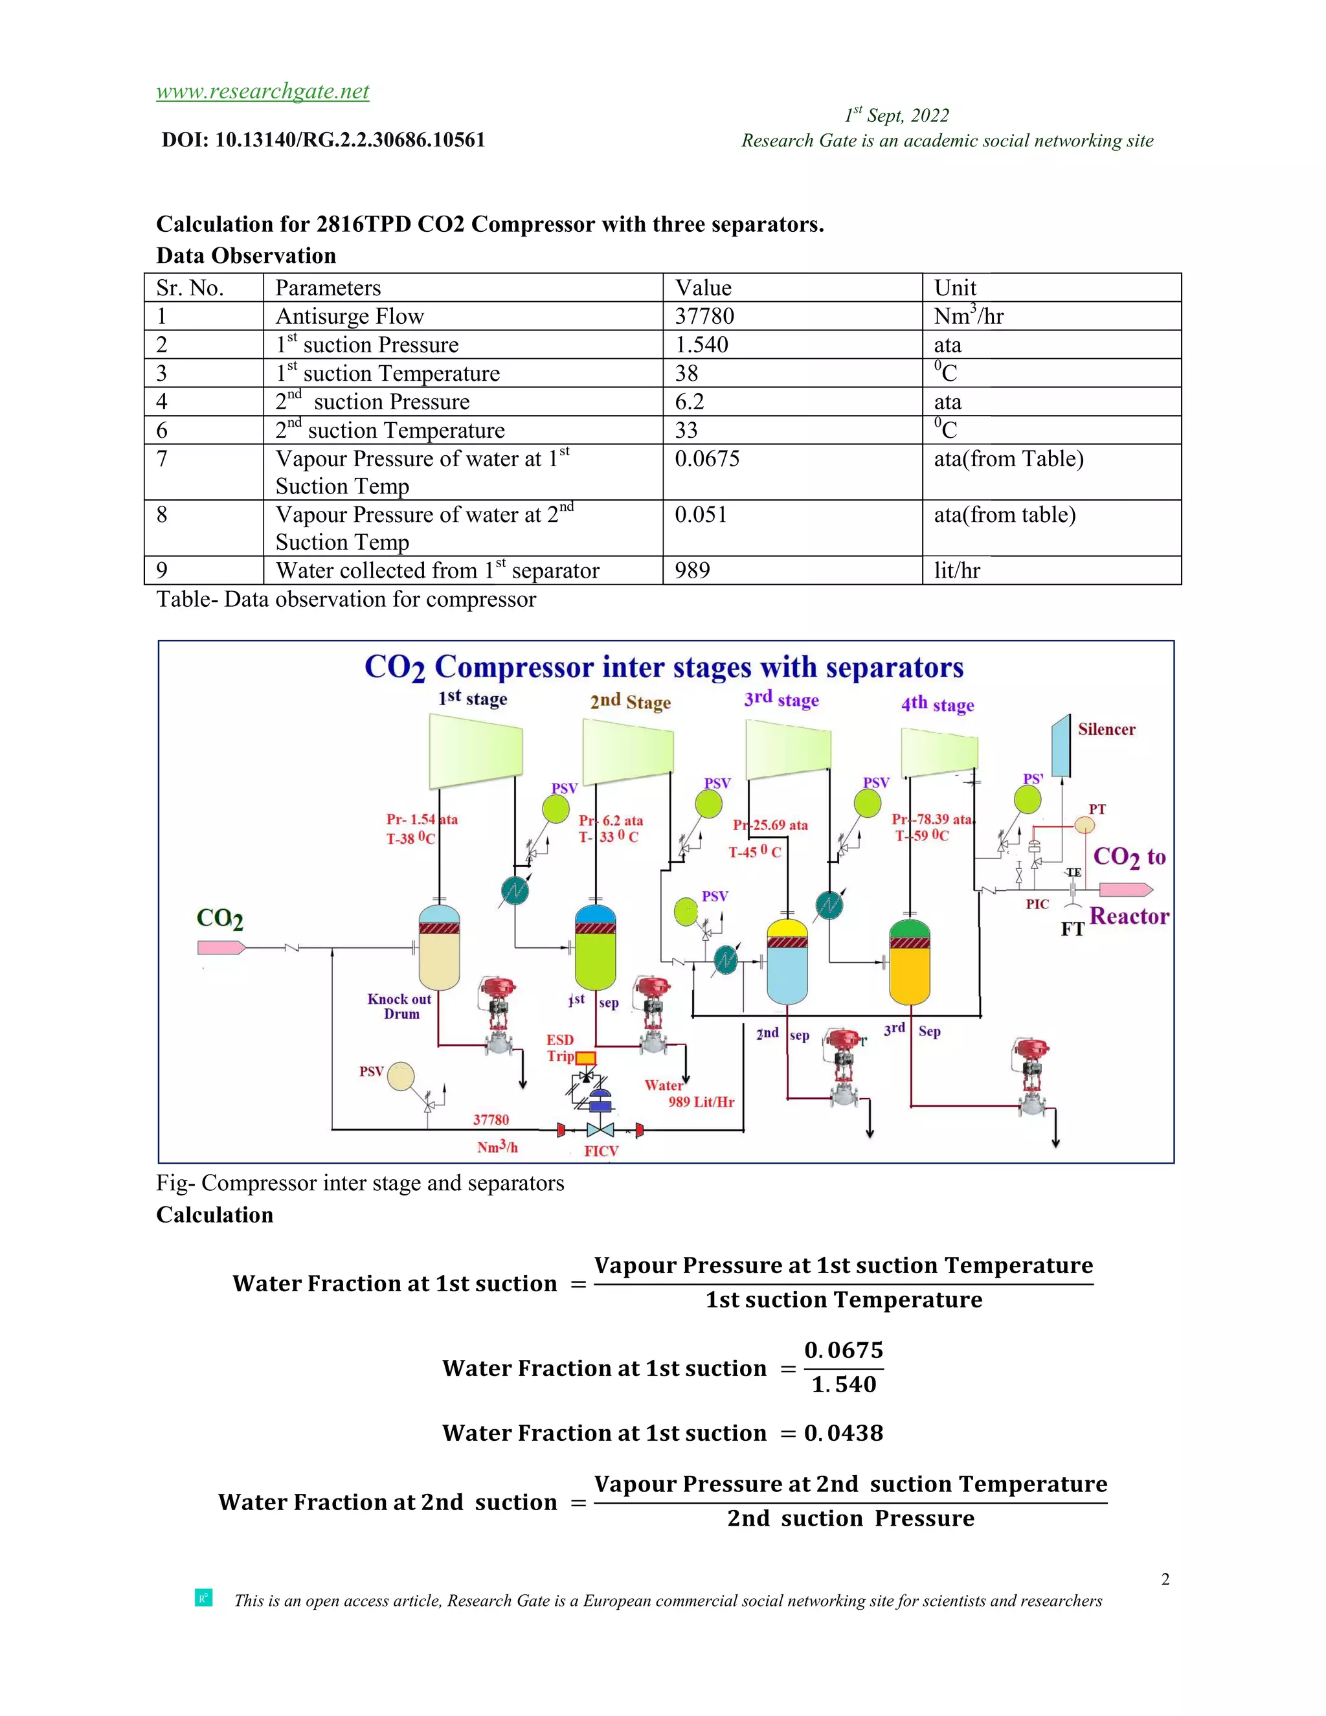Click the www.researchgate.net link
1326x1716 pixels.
coord(262,91)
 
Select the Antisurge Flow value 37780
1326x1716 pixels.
coord(704,316)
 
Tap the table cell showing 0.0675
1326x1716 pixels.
coord(707,459)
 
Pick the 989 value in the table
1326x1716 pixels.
coord(692,570)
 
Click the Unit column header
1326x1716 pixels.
coord(954,288)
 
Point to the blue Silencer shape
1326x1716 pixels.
coord(1061,745)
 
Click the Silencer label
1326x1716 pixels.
coord(1106,729)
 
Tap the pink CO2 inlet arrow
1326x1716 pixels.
coord(221,947)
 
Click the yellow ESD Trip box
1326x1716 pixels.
coord(586,1057)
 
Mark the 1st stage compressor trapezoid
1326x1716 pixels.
coord(475,751)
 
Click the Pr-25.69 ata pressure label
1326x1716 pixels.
coord(770,825)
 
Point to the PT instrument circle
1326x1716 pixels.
coord(1084,824)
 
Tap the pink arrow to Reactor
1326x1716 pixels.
coord(1125,890)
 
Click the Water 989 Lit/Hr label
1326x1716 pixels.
coord(689,1094)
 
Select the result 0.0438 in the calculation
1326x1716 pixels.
coord(844,1433)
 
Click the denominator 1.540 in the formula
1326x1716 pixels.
coord(844,1384)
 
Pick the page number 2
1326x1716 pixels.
coord(1165,1579)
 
